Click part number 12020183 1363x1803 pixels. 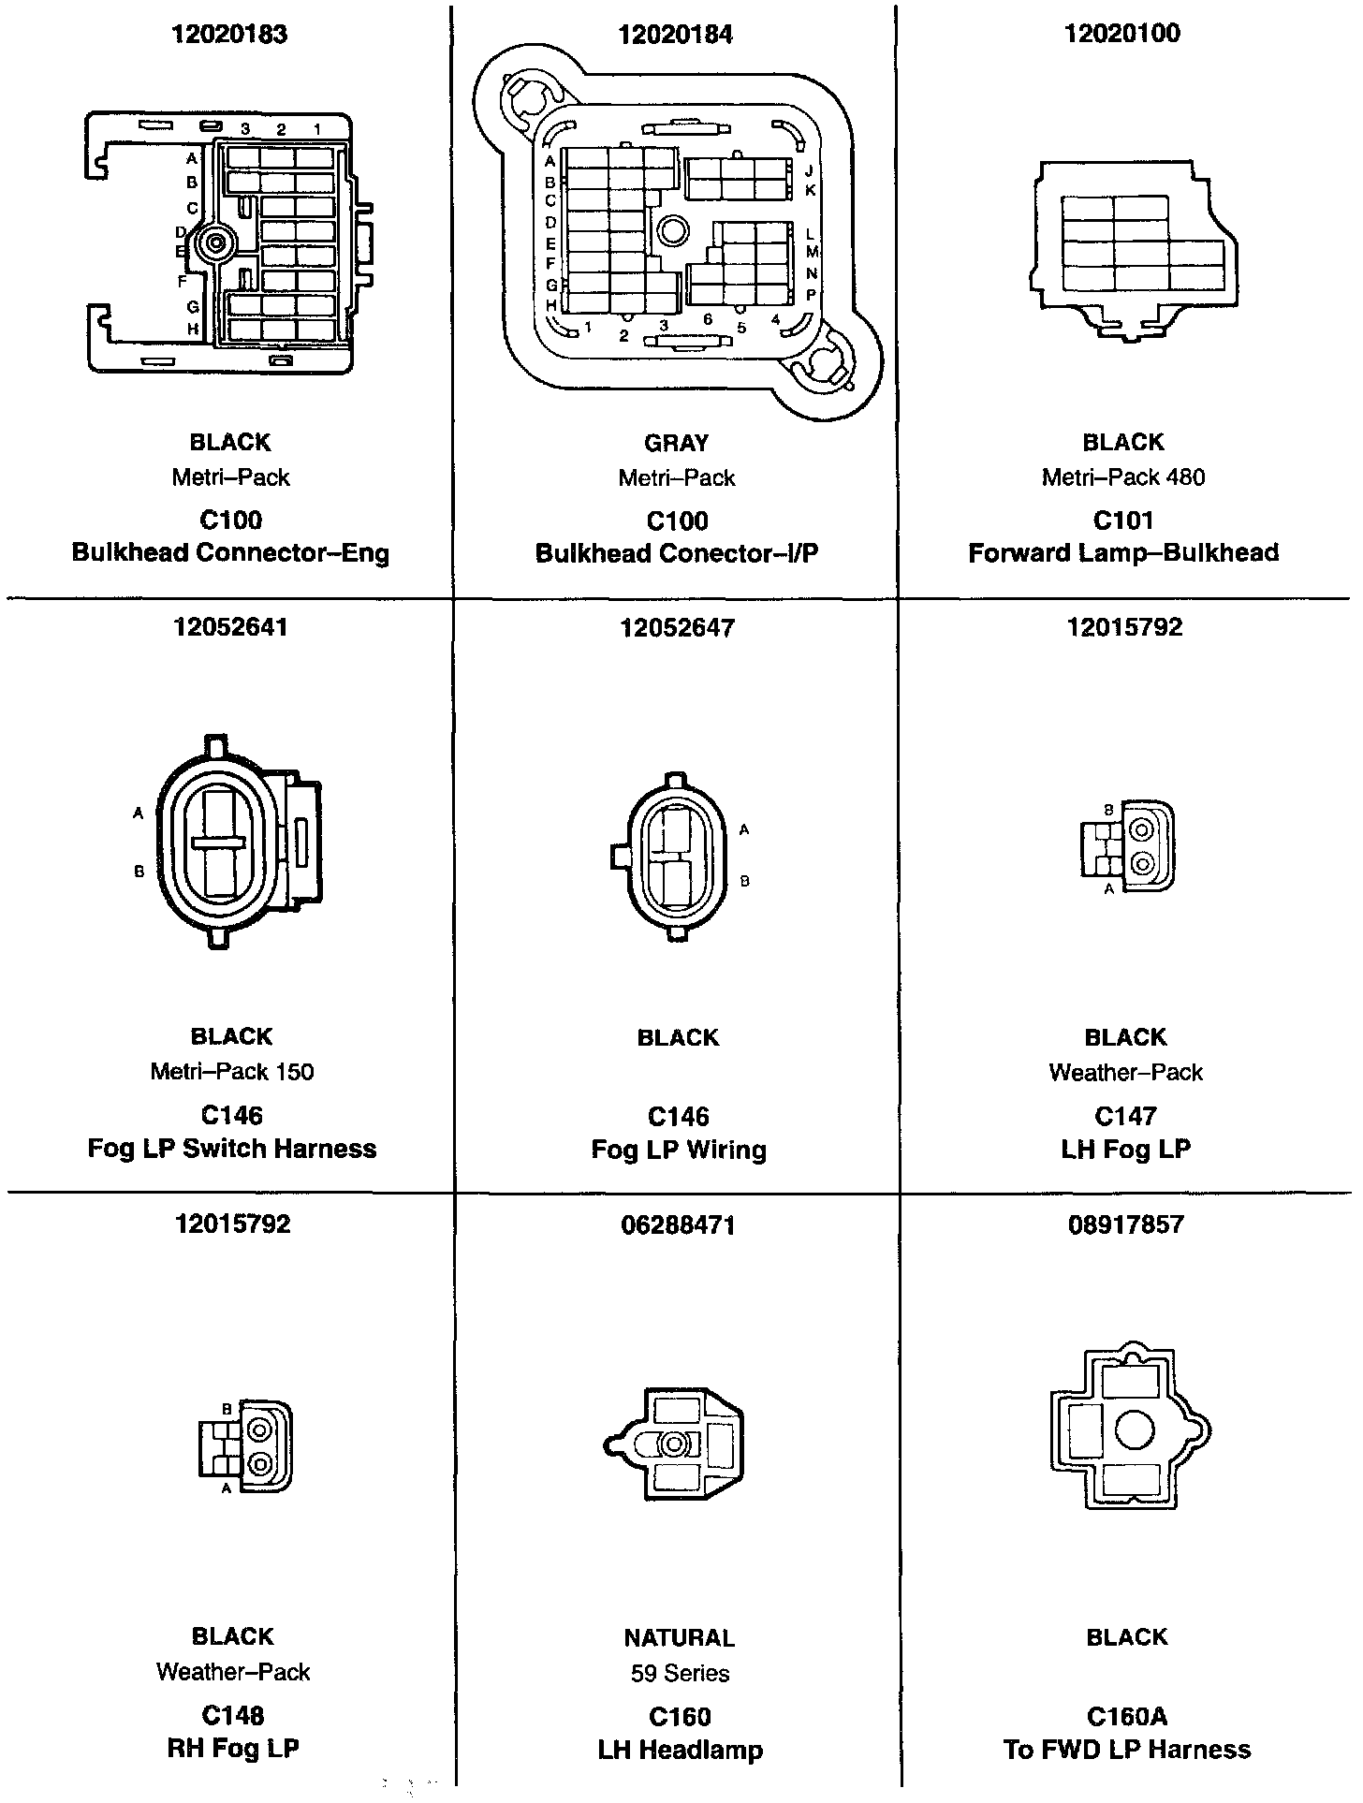(229, 35)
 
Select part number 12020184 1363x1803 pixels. (676, 36)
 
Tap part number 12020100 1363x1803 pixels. (1122, 34)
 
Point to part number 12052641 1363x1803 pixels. (230, 627)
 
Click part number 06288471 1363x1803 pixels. (678, 1224)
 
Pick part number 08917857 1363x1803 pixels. (1125, 1224)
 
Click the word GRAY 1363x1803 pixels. (677, 443)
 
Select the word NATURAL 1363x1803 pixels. (680, 1637)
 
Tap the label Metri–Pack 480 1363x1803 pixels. (1123, 477)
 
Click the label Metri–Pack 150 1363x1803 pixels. (232, 1071)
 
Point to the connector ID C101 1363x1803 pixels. (1123, 520)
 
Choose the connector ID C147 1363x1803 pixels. (1125, 1116)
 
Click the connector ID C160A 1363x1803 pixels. (1127, 1716)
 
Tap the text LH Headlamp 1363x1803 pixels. (681, 1750)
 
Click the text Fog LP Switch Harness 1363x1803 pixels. (232, 1149)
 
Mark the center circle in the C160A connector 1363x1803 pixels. (1135, 1429)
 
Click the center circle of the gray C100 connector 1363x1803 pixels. (673, 227)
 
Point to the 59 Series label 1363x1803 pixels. (680, 1673)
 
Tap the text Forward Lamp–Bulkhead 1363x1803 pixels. (1123, 553)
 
